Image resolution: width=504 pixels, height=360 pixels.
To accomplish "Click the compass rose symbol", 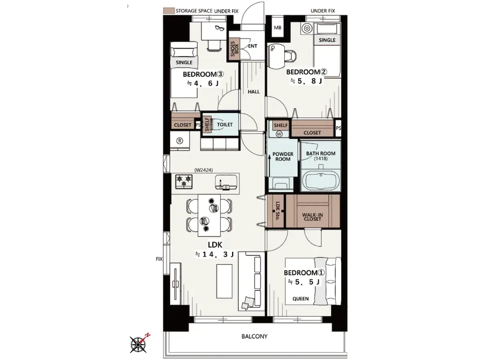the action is tap(139, 344).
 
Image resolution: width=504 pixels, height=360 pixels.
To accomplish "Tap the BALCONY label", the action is tap(254, 337).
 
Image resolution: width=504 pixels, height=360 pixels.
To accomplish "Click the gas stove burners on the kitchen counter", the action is tap(184, 181).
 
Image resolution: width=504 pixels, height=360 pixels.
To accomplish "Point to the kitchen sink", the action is tap(226, 182).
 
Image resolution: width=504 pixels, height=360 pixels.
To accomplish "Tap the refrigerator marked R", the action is tap(180, 141).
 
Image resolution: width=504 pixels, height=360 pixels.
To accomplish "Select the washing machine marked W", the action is tap(279, 134).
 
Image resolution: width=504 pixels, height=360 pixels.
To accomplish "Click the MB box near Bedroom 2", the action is tap(278, 27).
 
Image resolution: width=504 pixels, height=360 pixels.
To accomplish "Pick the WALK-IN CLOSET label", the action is tap(312, 217).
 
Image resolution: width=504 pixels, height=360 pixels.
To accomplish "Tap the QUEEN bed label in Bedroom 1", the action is tap(301, 299).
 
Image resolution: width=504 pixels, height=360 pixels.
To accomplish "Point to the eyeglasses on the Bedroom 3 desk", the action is tap(219, 28).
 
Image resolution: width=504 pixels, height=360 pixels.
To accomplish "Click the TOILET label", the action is tap(225, 124).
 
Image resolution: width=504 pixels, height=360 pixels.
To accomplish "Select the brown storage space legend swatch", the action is tap(169, 11).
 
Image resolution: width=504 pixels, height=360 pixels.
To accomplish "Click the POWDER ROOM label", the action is tap(283, 157).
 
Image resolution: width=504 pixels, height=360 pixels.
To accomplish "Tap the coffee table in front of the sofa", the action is tap(225, 281).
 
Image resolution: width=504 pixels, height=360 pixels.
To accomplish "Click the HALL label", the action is tap(254, 92).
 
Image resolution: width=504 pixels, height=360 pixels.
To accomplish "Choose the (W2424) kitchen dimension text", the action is tap(203, 170).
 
